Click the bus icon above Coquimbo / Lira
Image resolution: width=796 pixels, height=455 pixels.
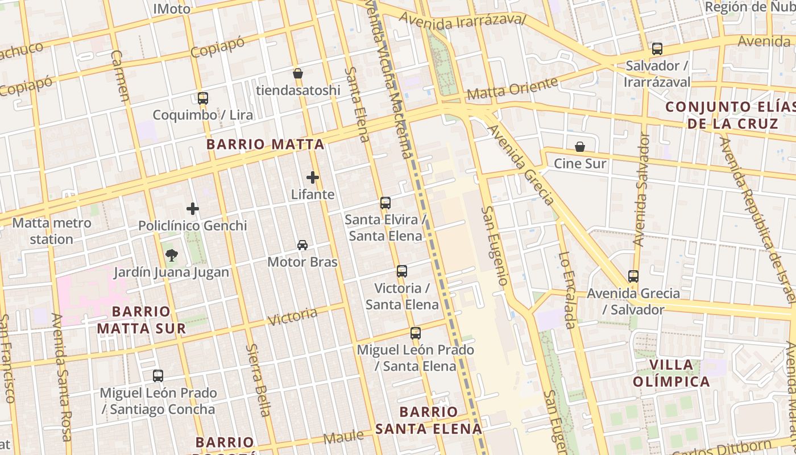(x=203, y=98)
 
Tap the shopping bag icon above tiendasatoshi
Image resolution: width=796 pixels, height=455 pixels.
(x=297, y=73)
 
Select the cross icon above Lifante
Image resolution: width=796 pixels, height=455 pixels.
(x=313, y=177)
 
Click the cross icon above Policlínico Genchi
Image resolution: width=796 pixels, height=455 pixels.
(x=193, y=209)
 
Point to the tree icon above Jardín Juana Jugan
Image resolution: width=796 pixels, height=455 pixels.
(x=171, y=255)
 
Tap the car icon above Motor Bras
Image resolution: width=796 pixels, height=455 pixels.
(x=302, y=245)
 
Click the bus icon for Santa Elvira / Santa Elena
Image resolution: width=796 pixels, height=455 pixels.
(x=385, y=202)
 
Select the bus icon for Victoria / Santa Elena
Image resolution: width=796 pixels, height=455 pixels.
(x=402, y=271)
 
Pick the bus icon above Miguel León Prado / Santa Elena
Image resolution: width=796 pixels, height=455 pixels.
(x=416, y=333)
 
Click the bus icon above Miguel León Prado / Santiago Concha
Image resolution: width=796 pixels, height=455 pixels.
(x=158, y=375)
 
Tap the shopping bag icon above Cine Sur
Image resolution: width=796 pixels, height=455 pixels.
(x=580, y=147)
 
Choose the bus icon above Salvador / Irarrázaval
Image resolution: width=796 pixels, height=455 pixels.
(x=657, y=48)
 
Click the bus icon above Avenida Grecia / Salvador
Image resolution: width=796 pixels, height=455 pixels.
(x=633, y=276)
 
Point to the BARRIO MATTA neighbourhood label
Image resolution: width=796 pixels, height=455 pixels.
(x=266, y=144)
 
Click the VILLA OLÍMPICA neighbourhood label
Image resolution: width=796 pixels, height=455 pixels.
(x=671, y=373)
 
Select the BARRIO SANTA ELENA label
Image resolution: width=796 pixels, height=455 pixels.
(x=428, y=420)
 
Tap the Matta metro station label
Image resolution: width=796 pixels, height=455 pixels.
(x=51, y=231)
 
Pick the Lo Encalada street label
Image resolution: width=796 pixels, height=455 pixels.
(x=567, y=290)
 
